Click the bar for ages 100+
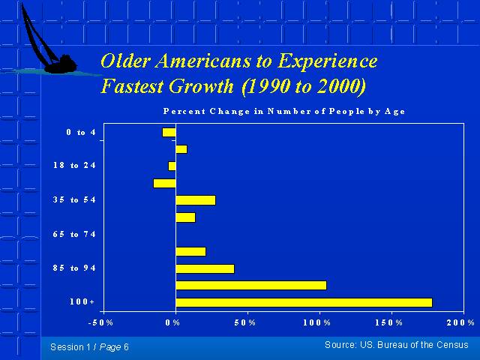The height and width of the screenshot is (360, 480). (x=304, y=302)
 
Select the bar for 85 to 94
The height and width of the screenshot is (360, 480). (x=205, y=268)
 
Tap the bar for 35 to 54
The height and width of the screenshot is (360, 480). (x=196, y=200)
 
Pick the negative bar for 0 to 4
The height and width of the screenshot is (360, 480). (x=169, y=133)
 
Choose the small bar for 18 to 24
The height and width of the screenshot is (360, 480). (x=172, y=166)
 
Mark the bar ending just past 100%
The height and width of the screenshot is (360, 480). (x=251, y=285)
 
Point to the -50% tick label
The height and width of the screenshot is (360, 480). (x=100, y=322)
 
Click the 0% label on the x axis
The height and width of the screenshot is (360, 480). (x=172, y=322)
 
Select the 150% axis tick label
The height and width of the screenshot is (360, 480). (x=388, y=322)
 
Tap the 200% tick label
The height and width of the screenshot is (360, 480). (x=460, y=322)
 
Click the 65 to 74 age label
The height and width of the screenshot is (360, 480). (x=74, y=235)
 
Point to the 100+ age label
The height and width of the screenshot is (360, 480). (x=82, y=301)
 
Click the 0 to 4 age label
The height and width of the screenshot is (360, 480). (x=81, y=132)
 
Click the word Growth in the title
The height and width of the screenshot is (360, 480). (x=201, y=86)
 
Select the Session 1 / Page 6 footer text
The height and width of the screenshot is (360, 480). (x=89, y=347)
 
